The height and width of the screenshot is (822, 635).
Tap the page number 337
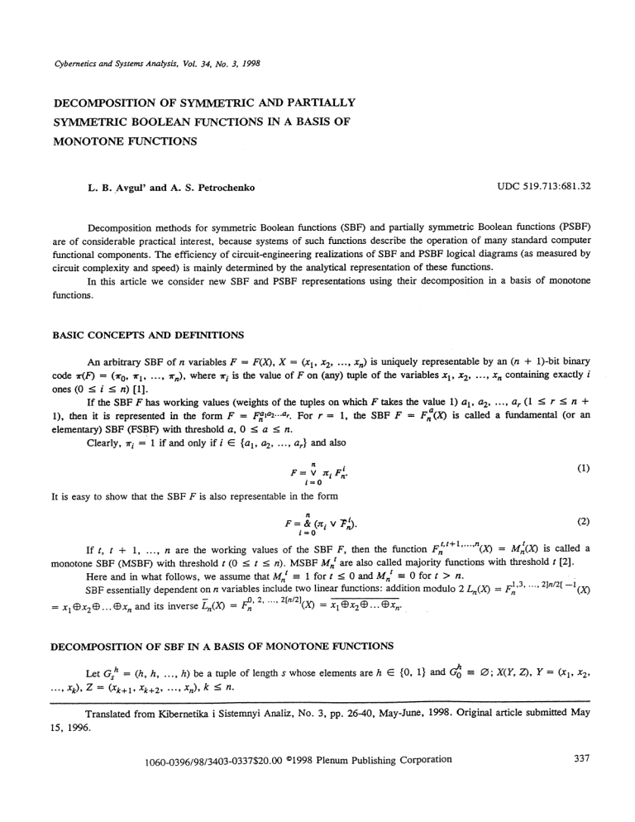coord(580,803)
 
